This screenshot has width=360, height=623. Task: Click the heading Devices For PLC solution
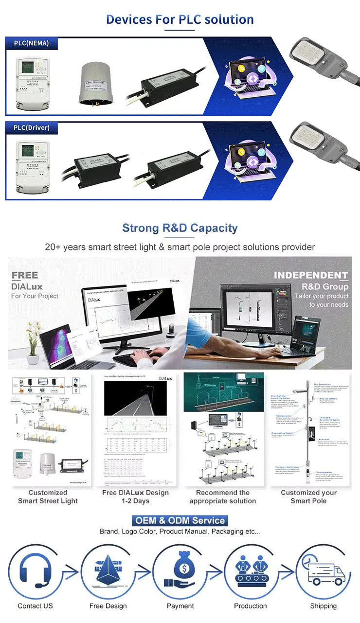180,19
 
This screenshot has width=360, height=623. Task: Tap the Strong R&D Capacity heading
180,228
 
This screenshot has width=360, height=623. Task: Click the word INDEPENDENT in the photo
311,275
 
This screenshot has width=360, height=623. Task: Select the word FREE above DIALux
25,275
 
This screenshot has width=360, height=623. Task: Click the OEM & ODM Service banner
180,520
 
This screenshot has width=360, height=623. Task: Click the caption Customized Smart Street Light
48,497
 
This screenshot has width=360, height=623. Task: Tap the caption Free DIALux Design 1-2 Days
136,497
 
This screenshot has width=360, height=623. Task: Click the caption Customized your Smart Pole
308,497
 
